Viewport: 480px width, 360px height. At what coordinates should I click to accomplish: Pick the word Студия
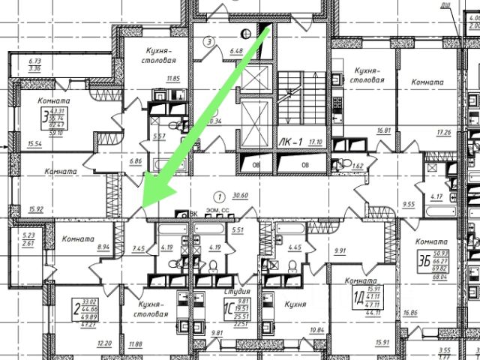tap(236, 289)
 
